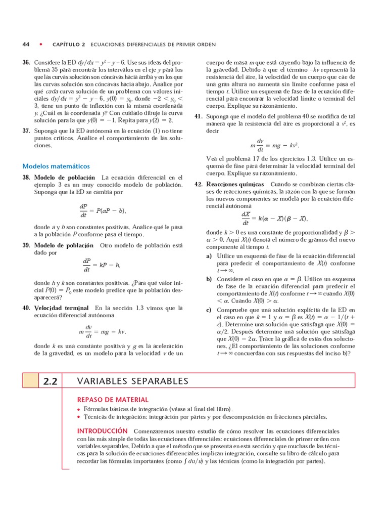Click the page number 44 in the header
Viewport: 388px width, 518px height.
pos(26,44)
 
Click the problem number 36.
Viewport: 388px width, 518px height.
pos(26,62)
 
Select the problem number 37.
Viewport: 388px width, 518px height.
pos(26,131)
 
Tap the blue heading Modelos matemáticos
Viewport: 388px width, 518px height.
pos(56,166)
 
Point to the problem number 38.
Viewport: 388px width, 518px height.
pos(26,178)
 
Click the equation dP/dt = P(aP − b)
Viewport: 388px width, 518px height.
pos(103,210)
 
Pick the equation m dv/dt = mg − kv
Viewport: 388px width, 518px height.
pos(102,331)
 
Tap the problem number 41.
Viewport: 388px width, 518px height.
pos(198,116)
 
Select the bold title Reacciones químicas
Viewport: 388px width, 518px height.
pos(235,185)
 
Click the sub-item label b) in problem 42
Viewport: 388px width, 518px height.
pos(209,279)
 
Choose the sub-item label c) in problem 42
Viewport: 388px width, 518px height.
pos(209,310)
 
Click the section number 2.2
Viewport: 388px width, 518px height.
pos(51,381)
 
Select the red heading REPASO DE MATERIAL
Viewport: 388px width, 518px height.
pos(113,400)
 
